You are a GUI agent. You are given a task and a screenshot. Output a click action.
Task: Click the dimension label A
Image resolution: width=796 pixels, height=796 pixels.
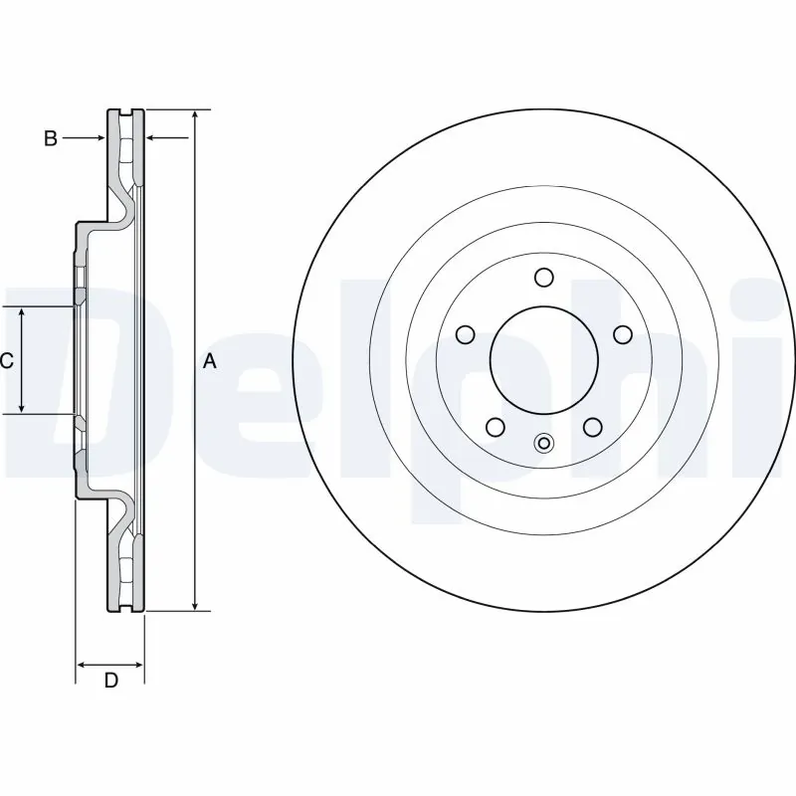click(209, 361)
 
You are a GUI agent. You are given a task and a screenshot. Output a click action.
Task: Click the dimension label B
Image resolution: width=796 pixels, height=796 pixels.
click(51, 139)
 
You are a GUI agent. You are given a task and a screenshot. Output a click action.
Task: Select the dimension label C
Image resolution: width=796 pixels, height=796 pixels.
click(7, 361)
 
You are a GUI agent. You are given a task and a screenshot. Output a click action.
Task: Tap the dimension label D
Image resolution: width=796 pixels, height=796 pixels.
click(111, 681)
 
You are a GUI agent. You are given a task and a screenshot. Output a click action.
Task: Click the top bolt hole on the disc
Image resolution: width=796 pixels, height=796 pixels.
click(543, 277)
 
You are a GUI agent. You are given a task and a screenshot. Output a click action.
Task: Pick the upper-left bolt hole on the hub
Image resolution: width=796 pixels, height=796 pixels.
click(465, 334)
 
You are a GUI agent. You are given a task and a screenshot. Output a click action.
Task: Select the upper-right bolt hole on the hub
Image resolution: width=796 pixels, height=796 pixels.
click(622, 334)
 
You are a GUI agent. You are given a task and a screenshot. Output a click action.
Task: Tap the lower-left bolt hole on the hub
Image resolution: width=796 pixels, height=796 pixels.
click(495, 427)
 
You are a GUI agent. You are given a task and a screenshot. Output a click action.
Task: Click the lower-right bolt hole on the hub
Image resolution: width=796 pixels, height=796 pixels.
click(592, 427)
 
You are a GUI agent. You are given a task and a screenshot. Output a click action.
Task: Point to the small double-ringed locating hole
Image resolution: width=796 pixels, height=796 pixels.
click(543, 444)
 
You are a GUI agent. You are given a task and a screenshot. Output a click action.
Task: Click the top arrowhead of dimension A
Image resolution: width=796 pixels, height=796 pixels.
click(196, 114)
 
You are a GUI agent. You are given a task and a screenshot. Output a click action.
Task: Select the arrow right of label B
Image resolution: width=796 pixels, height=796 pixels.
click(99, 139)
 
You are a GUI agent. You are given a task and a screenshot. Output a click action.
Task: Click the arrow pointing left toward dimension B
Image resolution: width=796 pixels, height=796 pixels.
click(153, 139)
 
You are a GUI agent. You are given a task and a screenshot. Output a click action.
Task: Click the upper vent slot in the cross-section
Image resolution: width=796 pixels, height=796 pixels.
click(126, 149)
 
